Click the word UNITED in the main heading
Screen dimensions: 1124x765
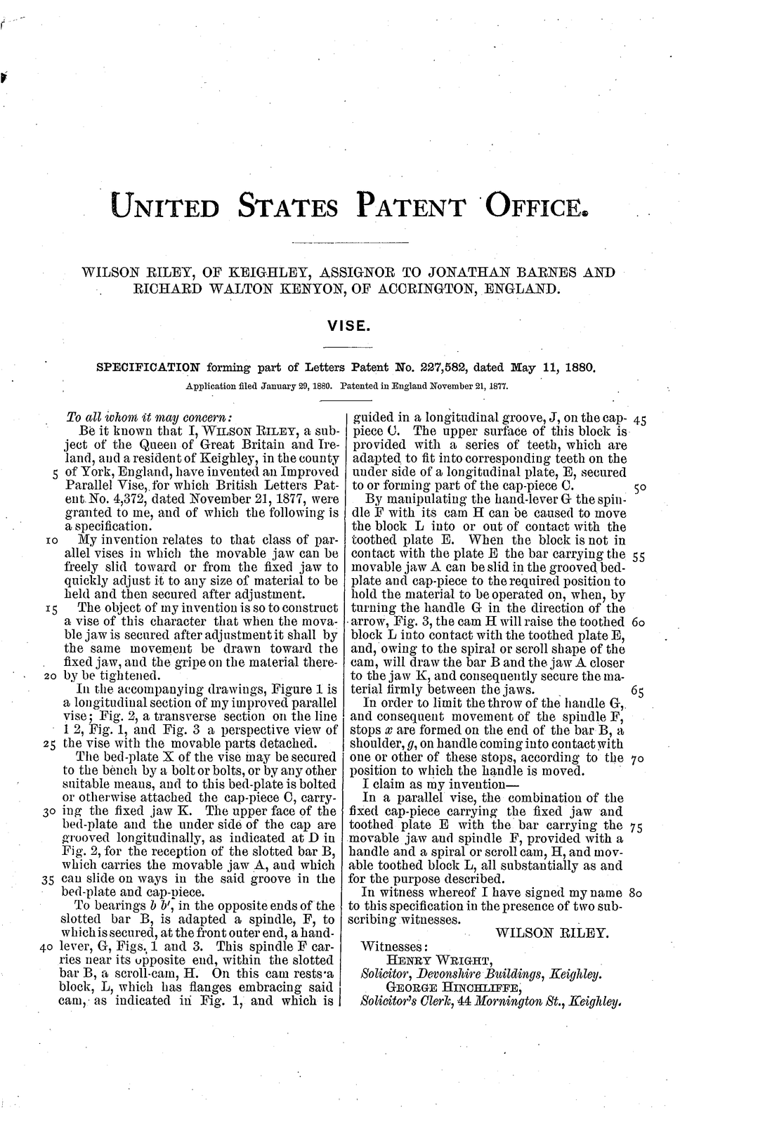(166, 207)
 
